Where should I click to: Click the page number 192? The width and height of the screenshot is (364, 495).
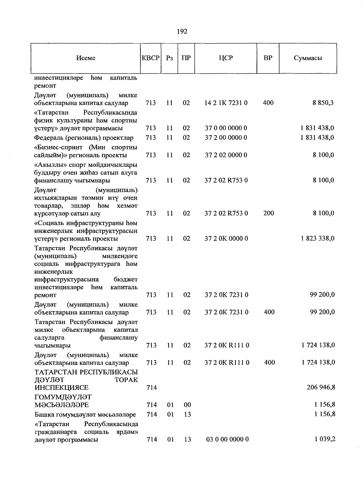click(x=182, y=31)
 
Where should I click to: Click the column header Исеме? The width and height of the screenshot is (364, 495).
click(x=86, y=58)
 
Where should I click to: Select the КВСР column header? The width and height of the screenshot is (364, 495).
click(x=150, y=58)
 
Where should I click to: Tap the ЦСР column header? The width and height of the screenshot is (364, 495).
click(x=226, y=58)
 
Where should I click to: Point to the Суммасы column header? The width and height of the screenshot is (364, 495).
click(x=308, y=58)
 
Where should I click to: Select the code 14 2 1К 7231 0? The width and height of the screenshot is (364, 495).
click(x=226, y=103)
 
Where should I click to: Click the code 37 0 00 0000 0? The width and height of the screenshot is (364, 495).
click(x=226, y=128)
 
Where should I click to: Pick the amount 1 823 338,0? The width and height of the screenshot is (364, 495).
click(x=318, y=238)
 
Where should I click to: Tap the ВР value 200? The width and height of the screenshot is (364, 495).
click(x=268, y=213)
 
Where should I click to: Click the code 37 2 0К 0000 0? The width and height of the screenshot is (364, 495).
click(x=226, y=238)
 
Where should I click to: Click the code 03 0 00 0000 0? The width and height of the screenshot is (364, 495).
click(x=227, y=439)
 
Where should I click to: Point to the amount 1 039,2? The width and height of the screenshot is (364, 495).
click(x=325, y=439)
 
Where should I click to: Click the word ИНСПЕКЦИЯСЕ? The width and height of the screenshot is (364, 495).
click(x=62, y=387)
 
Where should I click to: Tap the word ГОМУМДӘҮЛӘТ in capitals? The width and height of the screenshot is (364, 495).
click(x=63, y=397)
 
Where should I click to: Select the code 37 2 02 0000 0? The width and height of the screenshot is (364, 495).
click(x=226, y=155)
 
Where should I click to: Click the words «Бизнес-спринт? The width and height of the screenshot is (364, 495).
click(x=59, y=147)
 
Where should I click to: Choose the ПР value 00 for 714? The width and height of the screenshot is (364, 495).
click(x=187, y=405)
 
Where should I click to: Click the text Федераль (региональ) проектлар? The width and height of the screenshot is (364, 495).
click(x=84, y=138)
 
